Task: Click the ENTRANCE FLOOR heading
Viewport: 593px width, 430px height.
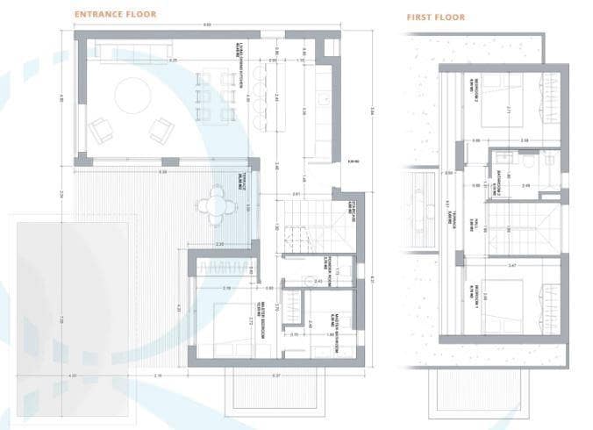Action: pos(115,15)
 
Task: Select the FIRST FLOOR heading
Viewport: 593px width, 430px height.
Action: pos(435,18)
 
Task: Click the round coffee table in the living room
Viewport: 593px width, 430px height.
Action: pos(132,96)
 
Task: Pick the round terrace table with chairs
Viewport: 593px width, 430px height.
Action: pos(217,206)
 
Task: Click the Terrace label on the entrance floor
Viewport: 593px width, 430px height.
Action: pos(239,182)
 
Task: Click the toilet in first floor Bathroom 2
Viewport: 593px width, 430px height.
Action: pos(529,161)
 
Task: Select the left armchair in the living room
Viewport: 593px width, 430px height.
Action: pos(101,130)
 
